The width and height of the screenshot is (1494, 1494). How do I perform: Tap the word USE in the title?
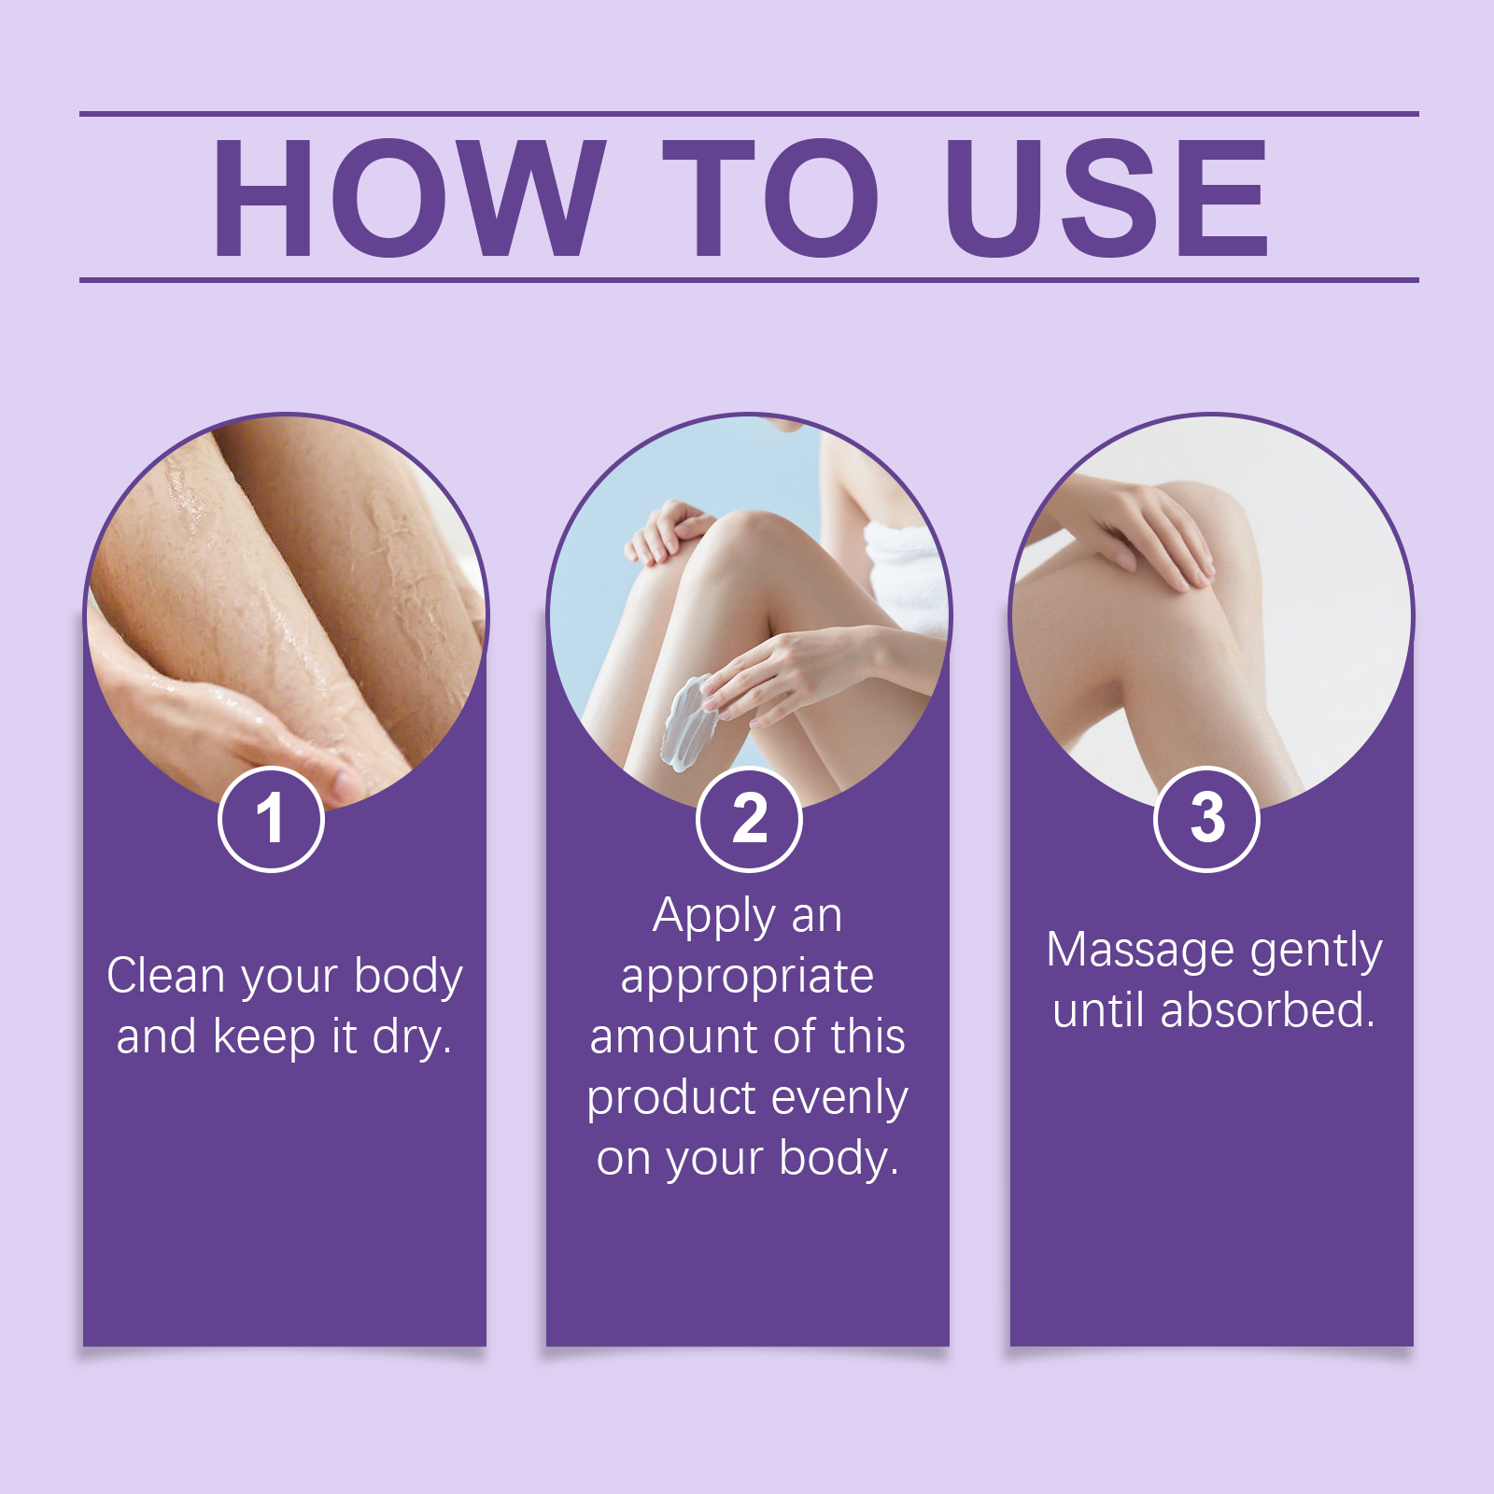(x=1107, y=198)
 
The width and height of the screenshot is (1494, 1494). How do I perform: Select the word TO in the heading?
(x=771, y=198)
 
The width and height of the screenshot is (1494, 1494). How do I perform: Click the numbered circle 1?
(x=271, y=819)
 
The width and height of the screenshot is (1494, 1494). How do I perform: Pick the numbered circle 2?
(x=749, y=819)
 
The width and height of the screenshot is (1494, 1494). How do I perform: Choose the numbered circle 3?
(x=1207, y=819)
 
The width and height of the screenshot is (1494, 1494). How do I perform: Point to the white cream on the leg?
(x=689, y=721)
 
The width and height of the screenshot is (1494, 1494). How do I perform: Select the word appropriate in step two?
(x=747, y=978)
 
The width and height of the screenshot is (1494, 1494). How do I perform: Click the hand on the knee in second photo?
(x=669, y=532)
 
